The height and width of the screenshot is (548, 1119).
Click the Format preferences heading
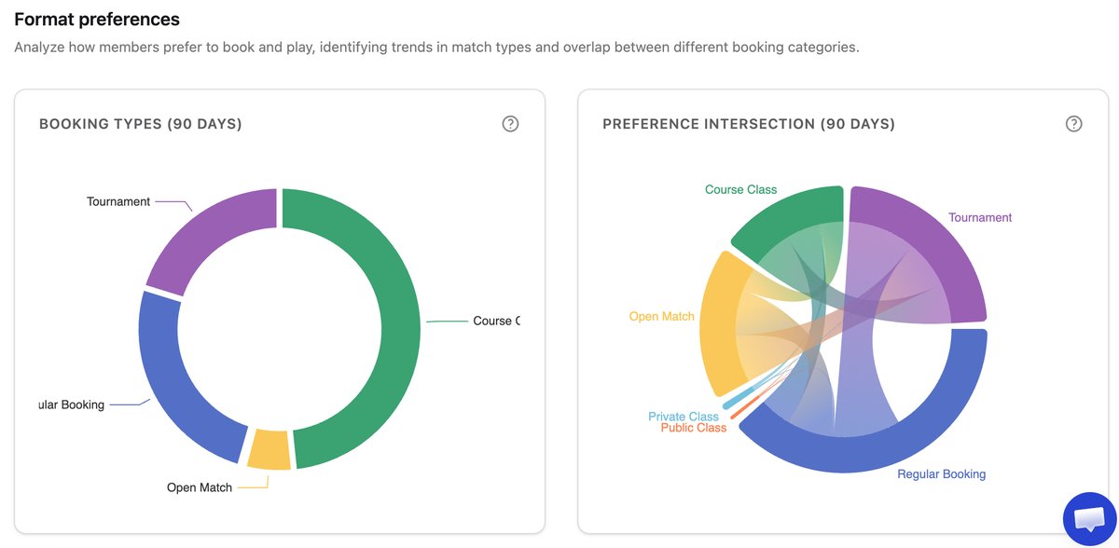(97, 19)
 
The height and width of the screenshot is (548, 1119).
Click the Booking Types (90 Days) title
(140, 124)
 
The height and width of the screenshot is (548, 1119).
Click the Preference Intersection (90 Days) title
(748, 124)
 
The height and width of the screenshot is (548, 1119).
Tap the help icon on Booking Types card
(510, 124)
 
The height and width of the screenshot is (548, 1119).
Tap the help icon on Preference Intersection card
(1073, 124)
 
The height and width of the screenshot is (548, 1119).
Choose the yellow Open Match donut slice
(269, 449)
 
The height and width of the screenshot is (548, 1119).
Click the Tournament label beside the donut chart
(118, 201)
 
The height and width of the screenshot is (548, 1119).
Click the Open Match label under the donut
(200, 487)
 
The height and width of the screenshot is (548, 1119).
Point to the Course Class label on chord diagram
(740, 189)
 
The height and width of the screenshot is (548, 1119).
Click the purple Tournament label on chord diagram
(979, 217)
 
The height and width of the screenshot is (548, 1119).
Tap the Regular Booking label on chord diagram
(941, 473)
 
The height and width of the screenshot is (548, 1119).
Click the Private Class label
(684, 417)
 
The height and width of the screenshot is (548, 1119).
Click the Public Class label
(693, 428)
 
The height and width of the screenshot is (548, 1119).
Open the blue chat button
(1089, 519)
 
